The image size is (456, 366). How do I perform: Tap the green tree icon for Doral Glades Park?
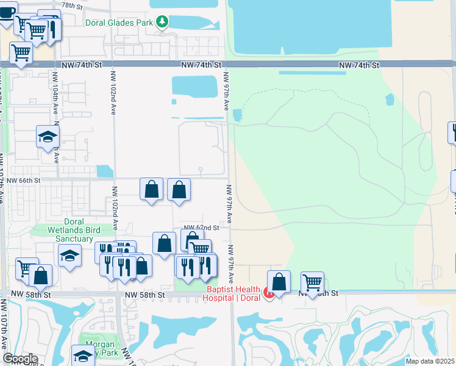coord(162,23)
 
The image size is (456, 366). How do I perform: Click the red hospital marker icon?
coord(268,293)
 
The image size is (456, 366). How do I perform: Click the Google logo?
coord(20,359)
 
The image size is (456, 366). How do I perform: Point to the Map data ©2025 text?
coord(429,361)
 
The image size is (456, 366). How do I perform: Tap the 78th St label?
coord(72,5)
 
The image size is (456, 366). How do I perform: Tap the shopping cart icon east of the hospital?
coord(312,282)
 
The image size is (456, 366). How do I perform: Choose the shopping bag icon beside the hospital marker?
coord(279,281)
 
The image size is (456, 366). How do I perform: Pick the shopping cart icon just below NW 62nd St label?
coord(200,248)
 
